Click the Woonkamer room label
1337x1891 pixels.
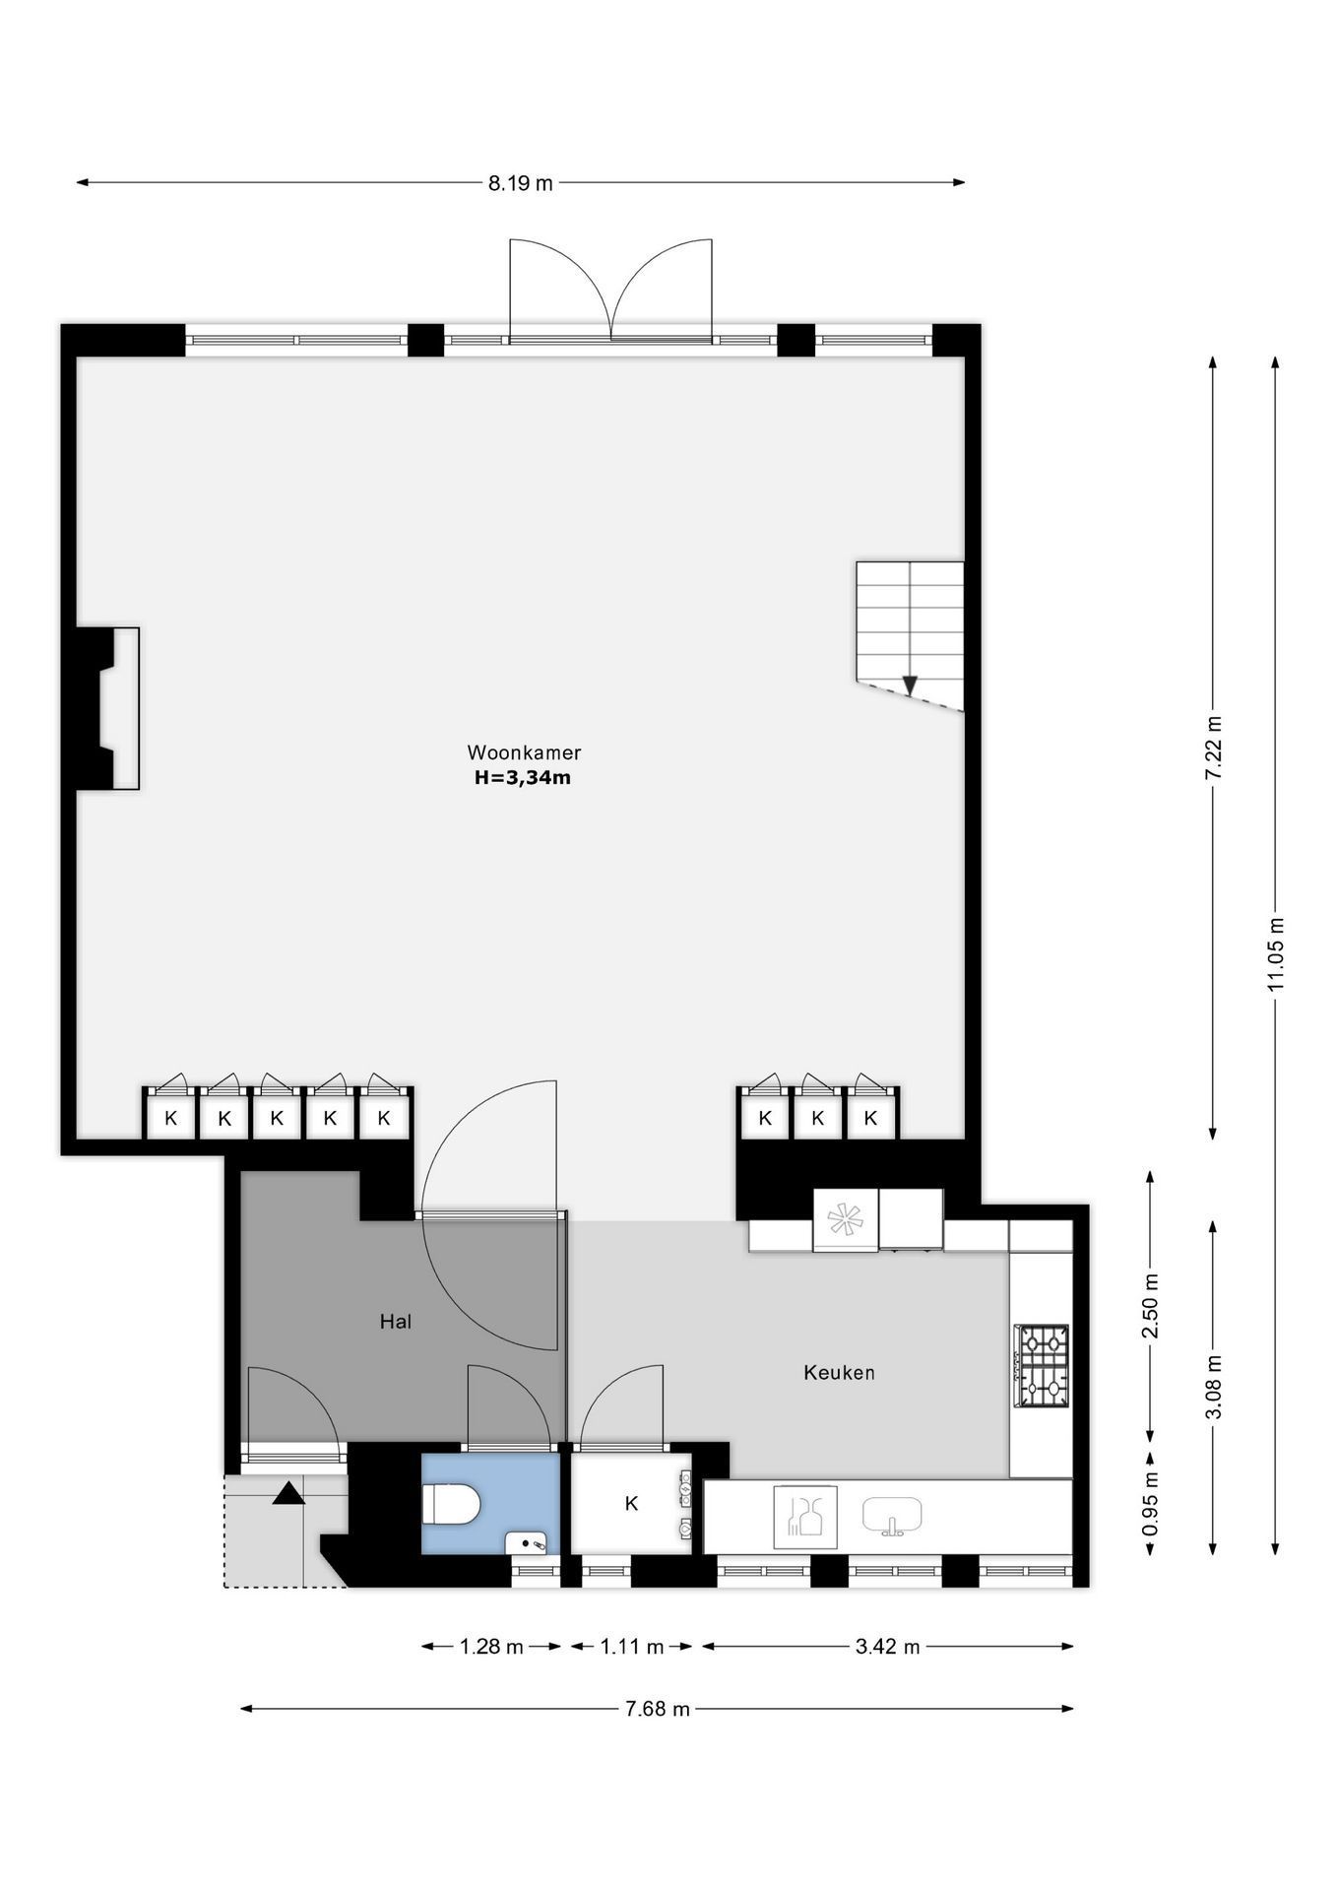coord(524,752)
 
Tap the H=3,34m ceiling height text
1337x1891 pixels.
coord(523,778)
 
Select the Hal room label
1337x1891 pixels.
coord(396,1322)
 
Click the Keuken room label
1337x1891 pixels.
coord(839,1372)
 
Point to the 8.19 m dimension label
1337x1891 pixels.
coord(521,183)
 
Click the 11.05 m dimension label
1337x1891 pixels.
coord(1276,953)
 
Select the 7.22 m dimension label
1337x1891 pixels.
coord(1213,749)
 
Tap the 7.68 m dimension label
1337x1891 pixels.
coord(658,1709)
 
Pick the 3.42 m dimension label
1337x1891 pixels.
coord(888,1647)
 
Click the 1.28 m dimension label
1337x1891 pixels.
coord(491,1647)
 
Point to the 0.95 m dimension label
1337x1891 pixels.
coord(1150,1503)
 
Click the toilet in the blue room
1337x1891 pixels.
coord(451,1505)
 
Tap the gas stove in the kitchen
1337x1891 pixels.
coord(1042,1366)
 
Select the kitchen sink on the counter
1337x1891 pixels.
coord(892,1517)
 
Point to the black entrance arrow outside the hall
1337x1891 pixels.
coord(288,1493)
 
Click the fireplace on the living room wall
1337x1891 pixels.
coord(108,708)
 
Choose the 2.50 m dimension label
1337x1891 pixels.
coord(1150,1305)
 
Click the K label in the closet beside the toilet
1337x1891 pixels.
coord(631,1503)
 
